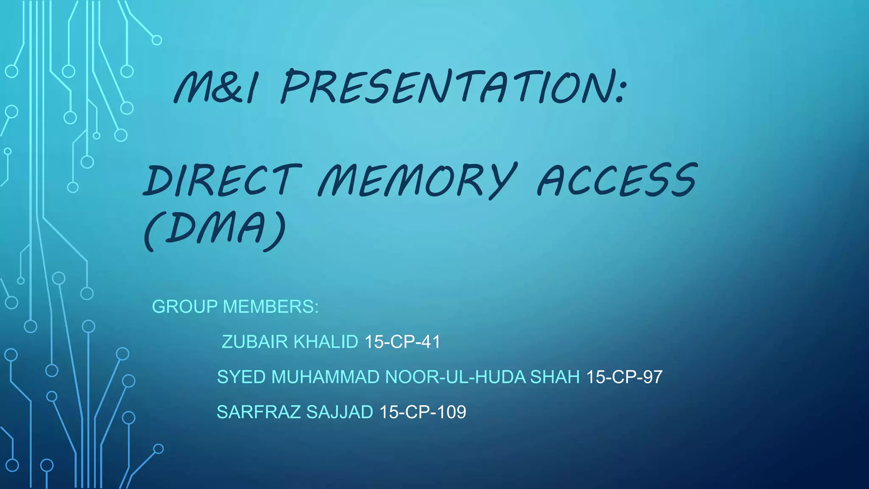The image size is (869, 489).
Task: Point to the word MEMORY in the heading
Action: coord(418,180)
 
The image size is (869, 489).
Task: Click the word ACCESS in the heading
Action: coord(617,180)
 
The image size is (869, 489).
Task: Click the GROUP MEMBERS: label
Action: coord(235,306)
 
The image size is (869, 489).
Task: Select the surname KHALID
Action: coord(326,342)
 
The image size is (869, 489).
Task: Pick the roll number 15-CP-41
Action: coord(402,342)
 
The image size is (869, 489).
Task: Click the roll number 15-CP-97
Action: coord(624,377)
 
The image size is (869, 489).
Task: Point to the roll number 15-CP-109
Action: coord(423,412)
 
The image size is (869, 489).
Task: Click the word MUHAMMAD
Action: coord(325,377)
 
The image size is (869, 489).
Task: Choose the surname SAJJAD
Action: coord(339,412)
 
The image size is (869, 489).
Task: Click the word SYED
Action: coord(241,377)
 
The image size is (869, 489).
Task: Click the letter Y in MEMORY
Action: coord(503,180)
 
